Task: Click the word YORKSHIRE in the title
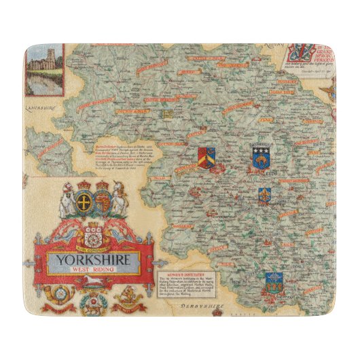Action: (x=96, y=259)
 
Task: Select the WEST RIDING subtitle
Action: (x=96, y=270)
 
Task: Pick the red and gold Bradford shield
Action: (x=206, y=158)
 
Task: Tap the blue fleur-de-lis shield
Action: (x=264, y=196)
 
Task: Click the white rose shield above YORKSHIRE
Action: (x=94, y=233)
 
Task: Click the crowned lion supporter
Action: (x=120, y=200)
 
